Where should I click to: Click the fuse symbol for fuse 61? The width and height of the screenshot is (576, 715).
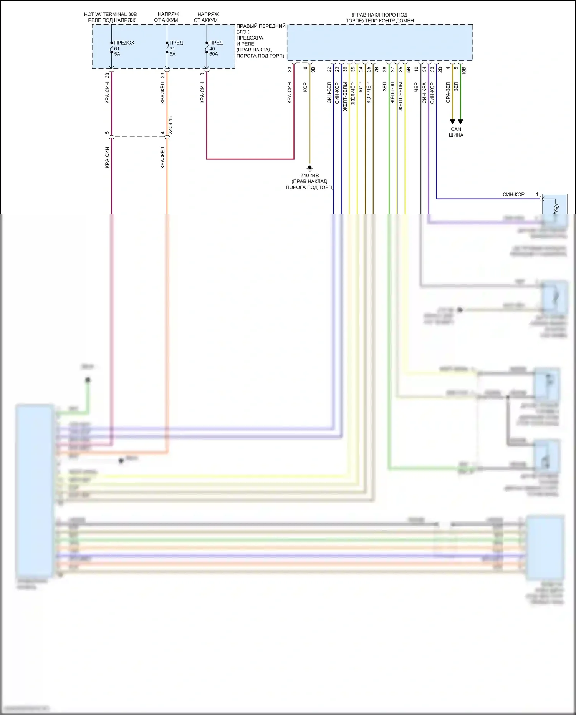[x=111, y=48]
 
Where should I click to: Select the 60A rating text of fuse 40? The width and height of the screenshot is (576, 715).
[x=214, y=54]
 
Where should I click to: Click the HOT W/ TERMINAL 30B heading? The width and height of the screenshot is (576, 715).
[x=110, y=14]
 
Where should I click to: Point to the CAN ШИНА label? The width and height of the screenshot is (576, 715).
[x=456, y=132]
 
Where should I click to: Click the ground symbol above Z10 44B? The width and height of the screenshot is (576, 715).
[x=310, y=168]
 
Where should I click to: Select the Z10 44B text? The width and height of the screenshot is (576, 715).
[x=310, y=176]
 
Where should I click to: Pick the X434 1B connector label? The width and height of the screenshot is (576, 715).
[x=170, y=125]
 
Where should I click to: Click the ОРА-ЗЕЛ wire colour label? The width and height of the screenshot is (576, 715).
[x=448, y=93]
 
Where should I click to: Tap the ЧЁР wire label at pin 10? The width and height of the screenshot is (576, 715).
[x=416, y=87]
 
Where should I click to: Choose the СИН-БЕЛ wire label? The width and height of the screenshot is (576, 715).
[x=329, y=93]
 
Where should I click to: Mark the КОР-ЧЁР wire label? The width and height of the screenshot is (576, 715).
[x=369, y=93]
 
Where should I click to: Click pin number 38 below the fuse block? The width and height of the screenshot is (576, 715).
[x=107, y=75]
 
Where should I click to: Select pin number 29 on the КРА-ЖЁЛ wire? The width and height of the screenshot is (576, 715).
[x=162, y=75]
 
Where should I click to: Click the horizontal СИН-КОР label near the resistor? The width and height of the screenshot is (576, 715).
[x=513, y=194]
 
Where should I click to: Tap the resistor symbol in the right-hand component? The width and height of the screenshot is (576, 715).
[x=556, y=209]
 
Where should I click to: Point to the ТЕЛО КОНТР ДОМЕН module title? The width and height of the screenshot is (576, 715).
[x=379, y=21]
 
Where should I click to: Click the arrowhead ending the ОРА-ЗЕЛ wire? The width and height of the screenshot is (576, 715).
[x=452, y=122]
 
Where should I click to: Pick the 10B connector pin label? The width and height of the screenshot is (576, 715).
[x=464, y=70]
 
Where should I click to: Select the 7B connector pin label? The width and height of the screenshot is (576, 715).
[x=376, y=70]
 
